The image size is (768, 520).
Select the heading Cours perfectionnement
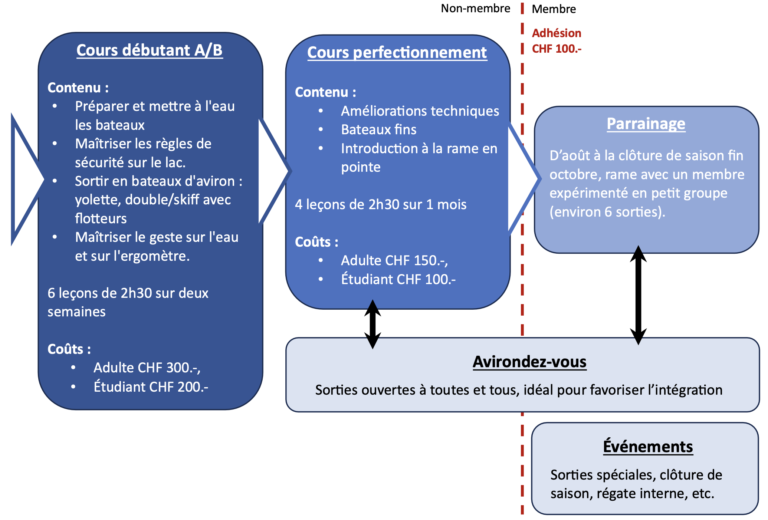pos(397,52)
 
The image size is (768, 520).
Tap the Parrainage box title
pos(646,124)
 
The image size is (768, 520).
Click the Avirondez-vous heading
pos(528,361)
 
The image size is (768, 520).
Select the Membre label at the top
pos(553,9)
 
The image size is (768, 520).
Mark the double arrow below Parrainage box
pos(638,295)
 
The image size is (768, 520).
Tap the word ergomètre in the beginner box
pos(165,255)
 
